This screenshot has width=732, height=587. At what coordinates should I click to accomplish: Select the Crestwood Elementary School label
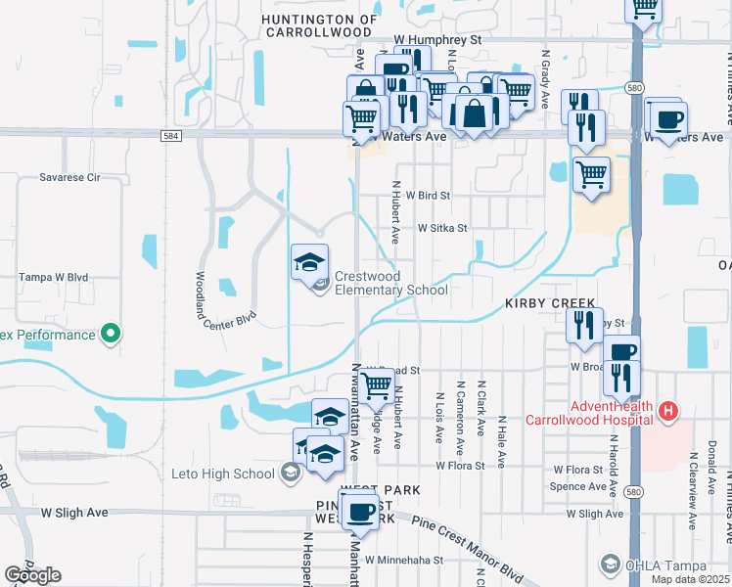390,283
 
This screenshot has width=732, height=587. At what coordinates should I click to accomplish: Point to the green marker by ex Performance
111,335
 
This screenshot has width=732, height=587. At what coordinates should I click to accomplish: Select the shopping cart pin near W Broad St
377,387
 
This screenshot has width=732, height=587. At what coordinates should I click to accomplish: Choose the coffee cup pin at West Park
361,511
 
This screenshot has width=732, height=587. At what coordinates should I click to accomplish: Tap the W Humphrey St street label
439,40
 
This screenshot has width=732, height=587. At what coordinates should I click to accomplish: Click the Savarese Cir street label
70,178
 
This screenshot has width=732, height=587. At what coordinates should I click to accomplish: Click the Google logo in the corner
32,575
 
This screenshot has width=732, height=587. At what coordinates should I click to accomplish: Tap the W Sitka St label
442,228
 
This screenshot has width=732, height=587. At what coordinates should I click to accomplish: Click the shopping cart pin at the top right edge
644,9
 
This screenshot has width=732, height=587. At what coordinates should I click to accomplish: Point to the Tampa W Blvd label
55,278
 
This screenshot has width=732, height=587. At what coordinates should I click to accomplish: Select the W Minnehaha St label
404,561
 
